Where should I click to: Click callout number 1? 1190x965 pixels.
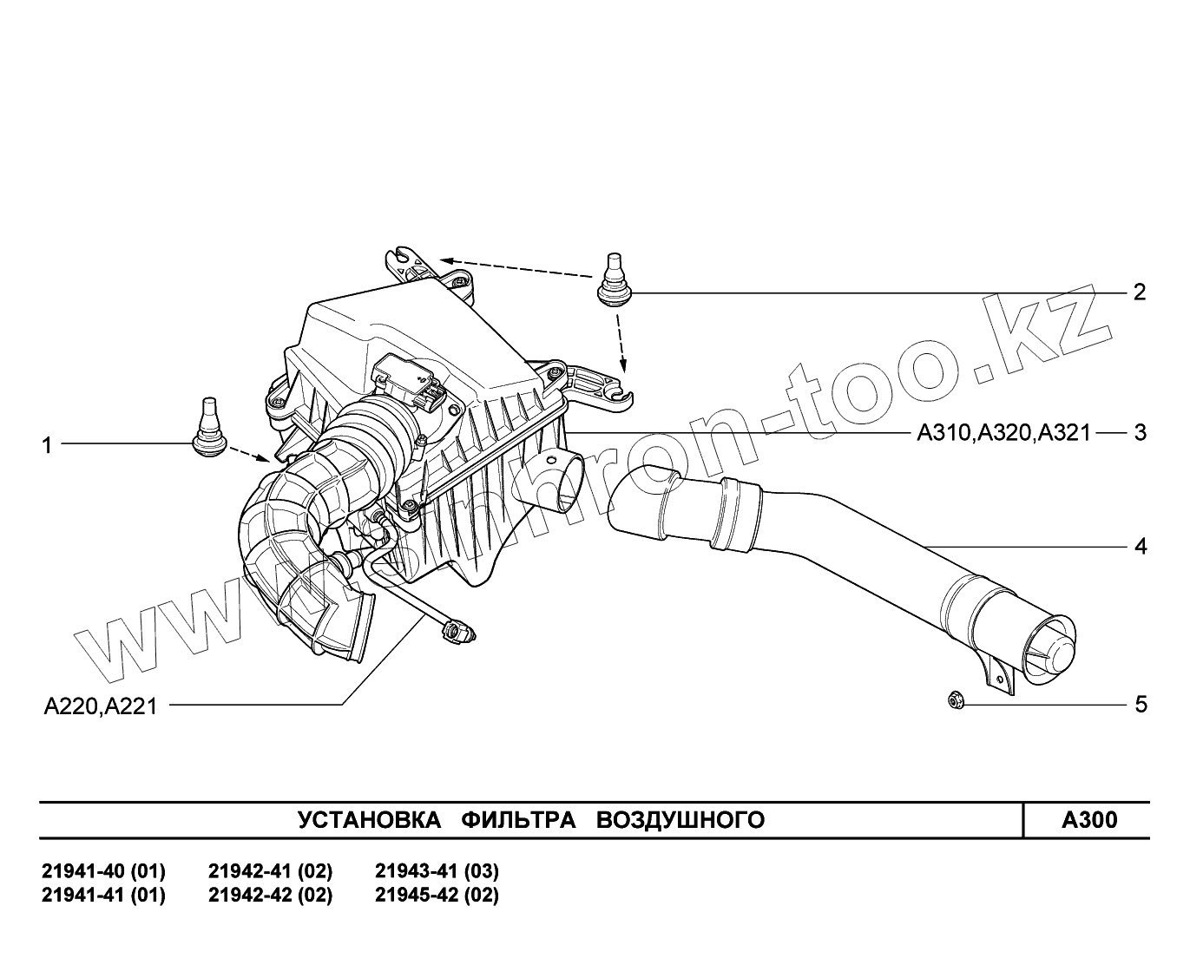(48, 445)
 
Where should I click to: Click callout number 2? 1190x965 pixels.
(1141, 292)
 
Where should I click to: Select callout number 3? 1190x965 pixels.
(1141, 432)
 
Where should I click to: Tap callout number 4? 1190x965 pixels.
(1141, 547)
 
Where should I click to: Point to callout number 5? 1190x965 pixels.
(1141, 704)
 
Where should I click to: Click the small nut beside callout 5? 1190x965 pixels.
(955, 699)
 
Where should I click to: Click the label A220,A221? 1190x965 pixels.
(101, 706)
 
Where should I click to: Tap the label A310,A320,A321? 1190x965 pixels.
(1003, 432)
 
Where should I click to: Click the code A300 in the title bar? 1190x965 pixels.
(1089, 820)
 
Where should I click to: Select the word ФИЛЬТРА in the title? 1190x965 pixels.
(518, 820)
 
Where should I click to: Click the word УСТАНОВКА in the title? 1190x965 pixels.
(369, 820)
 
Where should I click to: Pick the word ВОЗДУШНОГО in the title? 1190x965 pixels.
(680, 820)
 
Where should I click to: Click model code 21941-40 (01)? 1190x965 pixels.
(103, 870)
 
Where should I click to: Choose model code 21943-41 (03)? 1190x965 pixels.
(437, 870)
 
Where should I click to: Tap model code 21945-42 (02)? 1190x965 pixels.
(437, 895)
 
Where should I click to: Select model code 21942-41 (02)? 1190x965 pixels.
(270, 870)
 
